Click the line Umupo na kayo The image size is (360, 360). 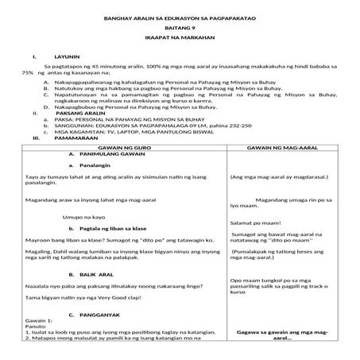pos(87,217)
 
